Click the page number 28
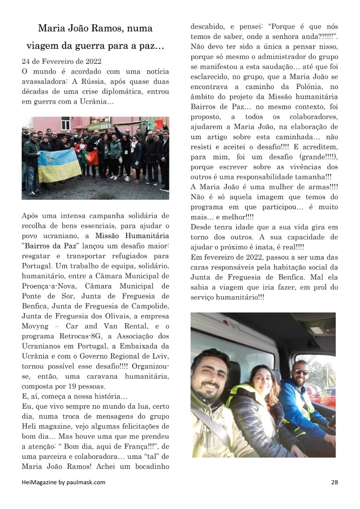tap(334, 482)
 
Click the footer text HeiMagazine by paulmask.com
tap(63, 482)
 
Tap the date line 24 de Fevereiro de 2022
tap(61, 61)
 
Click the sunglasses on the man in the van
tap(301, 372)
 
